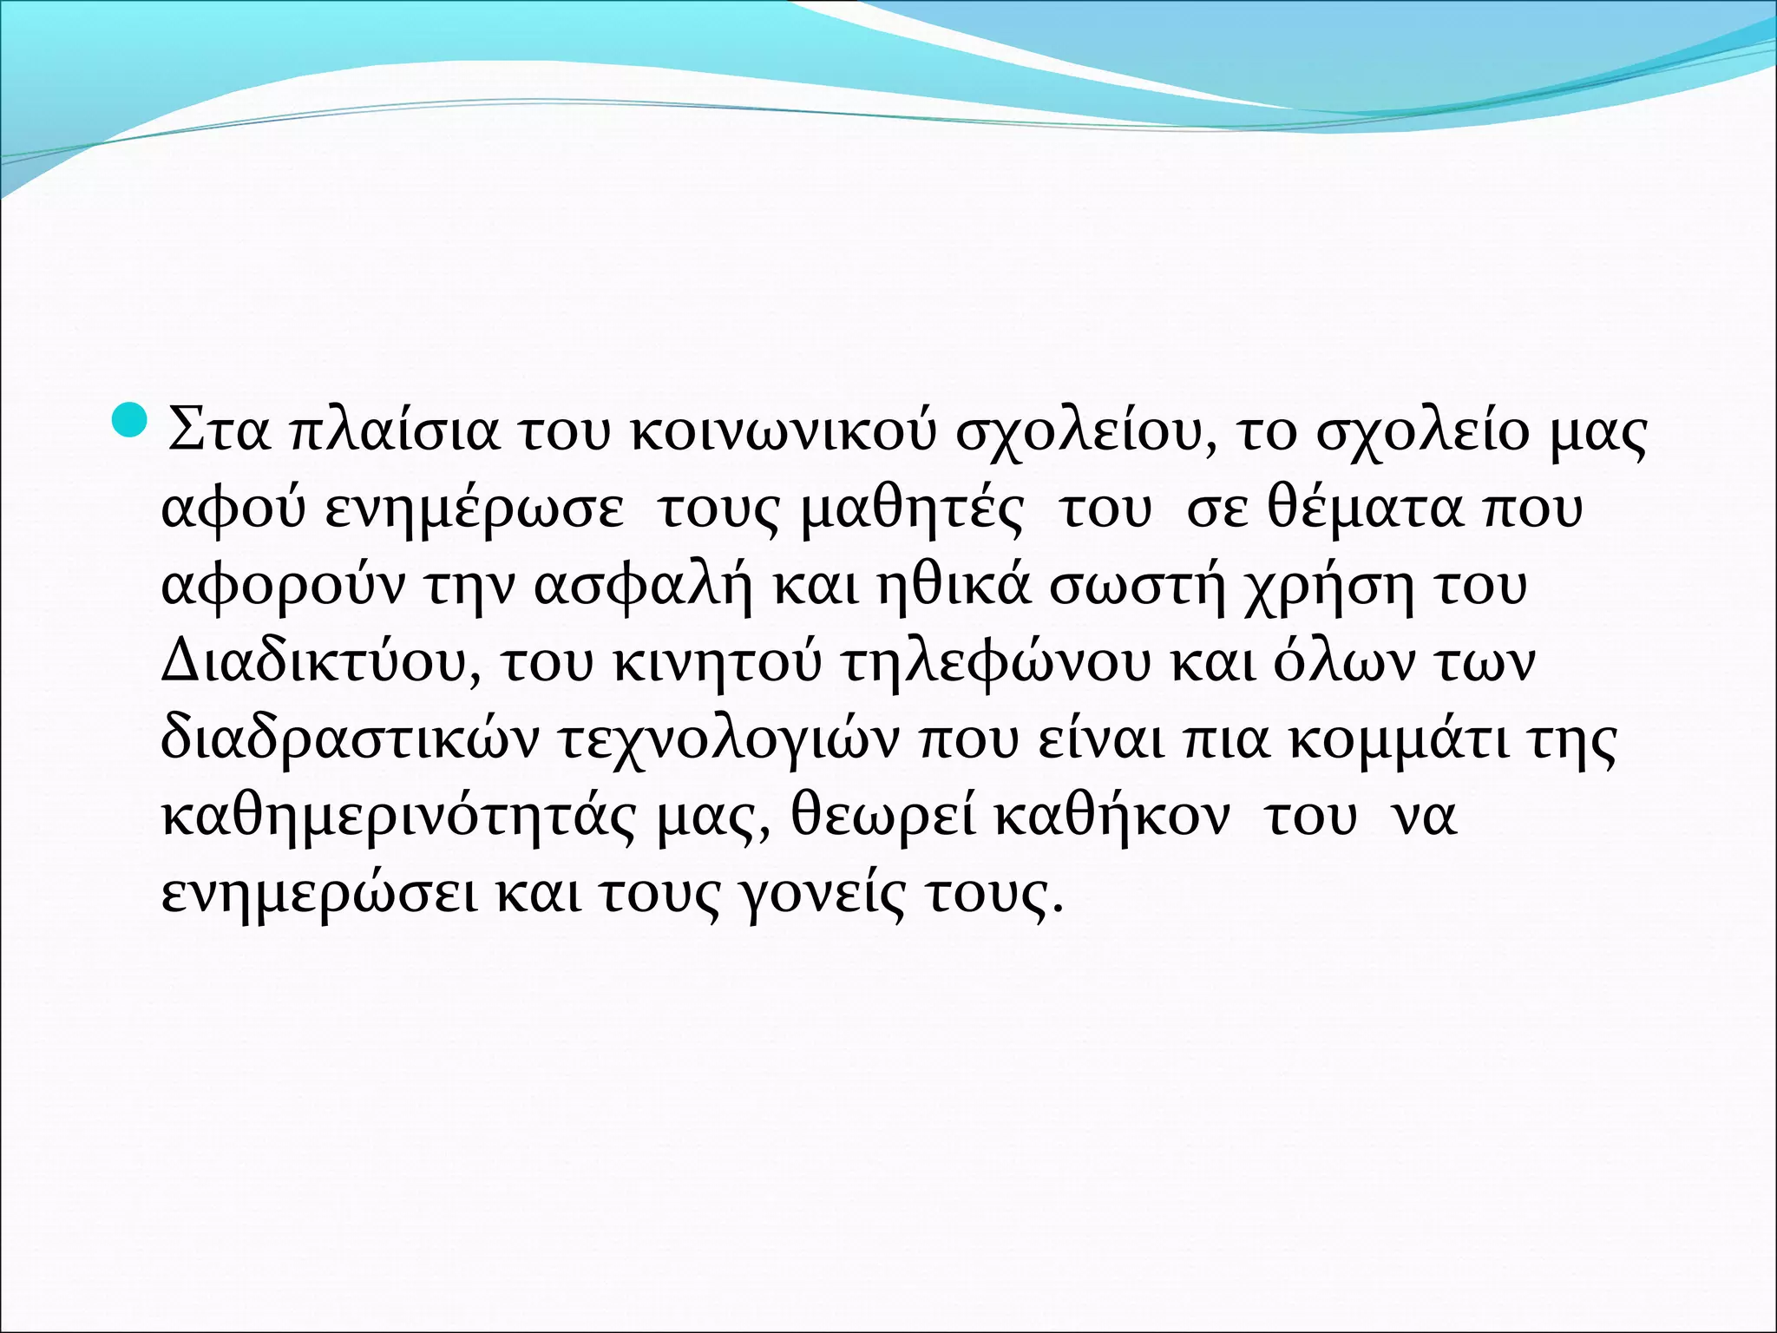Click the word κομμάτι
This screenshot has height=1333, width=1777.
click(1398, 740)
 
